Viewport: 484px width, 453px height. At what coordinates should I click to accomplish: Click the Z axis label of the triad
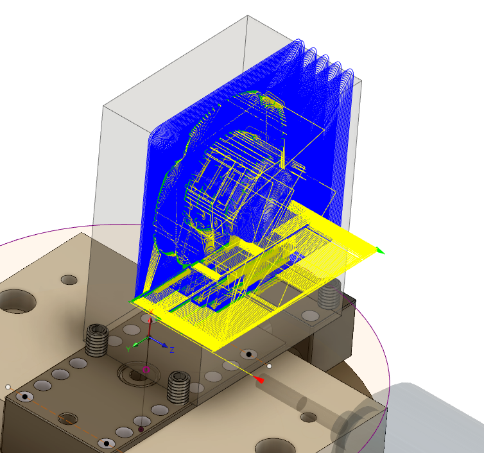[172, 349]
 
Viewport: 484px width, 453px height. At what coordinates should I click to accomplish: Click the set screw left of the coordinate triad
[97, 339]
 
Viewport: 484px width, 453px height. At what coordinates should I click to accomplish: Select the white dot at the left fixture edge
[8, 387]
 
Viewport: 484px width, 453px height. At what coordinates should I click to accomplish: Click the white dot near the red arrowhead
[270, 366]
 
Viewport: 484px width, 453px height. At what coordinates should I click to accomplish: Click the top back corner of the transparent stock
[247, 17]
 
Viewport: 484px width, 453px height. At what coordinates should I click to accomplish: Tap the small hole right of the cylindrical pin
[309, 418]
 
